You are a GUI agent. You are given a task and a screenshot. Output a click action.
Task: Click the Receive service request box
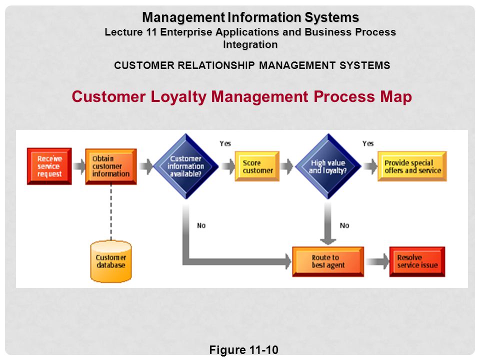(49, 166)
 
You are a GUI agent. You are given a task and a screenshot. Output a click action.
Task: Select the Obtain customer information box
(111, 166)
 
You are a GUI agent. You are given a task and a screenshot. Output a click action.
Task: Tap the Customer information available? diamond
(185, 166)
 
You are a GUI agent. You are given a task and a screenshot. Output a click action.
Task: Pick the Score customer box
(257, 166)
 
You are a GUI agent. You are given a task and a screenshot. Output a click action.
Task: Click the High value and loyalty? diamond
(328, 166)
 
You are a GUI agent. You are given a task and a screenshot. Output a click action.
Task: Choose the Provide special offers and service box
(412, 166)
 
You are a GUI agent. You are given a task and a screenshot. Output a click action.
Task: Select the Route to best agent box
(328, 261)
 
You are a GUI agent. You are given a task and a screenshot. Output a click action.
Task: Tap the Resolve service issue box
(417, 261)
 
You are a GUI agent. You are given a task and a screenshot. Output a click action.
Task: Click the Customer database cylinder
(111, 261)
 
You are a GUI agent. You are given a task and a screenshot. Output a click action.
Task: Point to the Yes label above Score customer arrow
(225, 143)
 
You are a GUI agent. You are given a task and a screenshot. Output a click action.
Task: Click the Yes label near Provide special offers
(368, 143)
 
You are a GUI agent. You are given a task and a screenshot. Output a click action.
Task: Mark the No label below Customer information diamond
(201, 225)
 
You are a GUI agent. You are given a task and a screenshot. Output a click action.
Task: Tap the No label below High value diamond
(344, 225)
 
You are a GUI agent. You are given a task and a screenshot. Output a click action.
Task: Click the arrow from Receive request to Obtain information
(79, 166)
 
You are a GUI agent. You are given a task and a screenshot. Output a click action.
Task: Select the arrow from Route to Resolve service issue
(377, 261)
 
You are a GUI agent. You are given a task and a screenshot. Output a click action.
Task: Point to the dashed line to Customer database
(111, 212)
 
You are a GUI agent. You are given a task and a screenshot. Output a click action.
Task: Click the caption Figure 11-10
(243, 349)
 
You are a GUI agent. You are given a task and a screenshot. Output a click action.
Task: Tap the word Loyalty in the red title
(179, 96)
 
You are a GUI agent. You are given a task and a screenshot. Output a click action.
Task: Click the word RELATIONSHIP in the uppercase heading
(216, 65)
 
